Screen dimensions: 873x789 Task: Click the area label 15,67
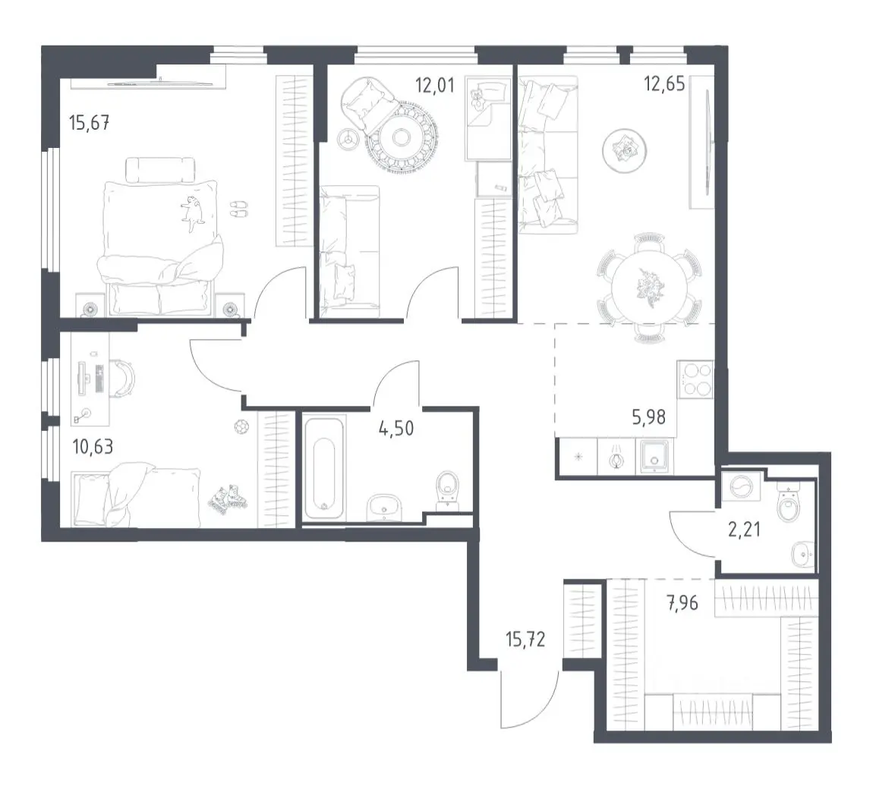tap(89, 122)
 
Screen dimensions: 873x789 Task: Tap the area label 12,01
tap(435, 85)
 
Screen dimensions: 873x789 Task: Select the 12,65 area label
tap(664, 83)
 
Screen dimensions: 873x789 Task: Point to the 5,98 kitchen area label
tap(648, 417)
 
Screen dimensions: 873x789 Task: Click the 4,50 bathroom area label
tap(396, 429)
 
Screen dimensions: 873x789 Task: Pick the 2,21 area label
tap(745, 529)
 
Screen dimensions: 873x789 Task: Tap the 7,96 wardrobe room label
tap(682, 602)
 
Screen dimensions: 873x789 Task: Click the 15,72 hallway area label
tap(525, 640)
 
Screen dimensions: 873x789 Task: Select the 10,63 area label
tap(93, 446)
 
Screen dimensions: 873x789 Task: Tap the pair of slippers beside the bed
tap(239, 209)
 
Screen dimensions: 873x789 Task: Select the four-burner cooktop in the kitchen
tap(695, 379)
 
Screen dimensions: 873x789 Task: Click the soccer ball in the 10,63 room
tap(241, 427)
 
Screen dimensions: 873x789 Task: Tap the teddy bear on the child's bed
tap(476, 99)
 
